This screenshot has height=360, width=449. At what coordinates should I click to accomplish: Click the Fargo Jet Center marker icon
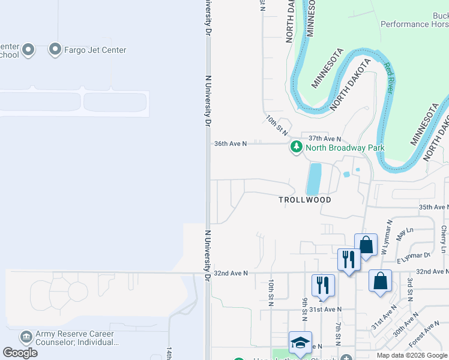(x=56, y=49)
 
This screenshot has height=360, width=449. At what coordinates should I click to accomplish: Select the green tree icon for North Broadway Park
(x=296, y=147)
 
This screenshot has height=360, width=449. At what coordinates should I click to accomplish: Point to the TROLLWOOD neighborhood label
(x=304, y=199)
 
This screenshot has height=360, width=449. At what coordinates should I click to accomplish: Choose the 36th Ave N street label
(x=231, y=144)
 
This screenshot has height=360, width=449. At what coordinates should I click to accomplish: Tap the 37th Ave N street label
(x=325, y=139)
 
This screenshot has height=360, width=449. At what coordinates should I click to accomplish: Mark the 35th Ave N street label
(x=434, y=207)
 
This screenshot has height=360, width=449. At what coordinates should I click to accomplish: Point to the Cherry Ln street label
(x=444, y=239)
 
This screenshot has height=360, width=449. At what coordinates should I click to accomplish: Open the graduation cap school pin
(x=300, y=344)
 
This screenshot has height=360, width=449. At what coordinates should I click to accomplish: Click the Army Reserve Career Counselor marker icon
(x=26, y=337)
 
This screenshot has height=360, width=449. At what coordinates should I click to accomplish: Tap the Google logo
(x=20, y=353)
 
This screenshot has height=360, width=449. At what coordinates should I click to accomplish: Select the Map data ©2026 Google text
(x=412, y=355)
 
